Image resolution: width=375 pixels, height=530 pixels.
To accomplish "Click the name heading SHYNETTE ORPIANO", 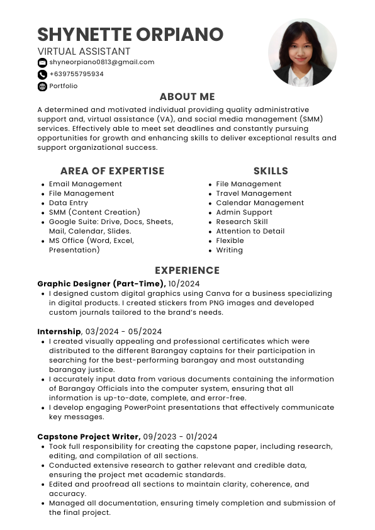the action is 130,34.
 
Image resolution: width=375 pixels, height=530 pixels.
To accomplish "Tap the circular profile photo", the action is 302,53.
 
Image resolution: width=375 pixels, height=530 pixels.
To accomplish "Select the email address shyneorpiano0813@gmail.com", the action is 102,62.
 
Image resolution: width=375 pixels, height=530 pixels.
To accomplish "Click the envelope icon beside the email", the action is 42,62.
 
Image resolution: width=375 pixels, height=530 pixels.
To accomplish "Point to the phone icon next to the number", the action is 42,74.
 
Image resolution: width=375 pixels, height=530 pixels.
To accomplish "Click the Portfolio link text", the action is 64,86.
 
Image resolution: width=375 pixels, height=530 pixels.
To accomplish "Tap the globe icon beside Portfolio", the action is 42,86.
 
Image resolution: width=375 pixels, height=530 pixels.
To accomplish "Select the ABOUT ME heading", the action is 187,97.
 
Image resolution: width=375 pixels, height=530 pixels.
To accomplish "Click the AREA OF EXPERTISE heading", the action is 112,171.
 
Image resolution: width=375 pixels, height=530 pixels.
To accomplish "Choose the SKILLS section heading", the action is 271,171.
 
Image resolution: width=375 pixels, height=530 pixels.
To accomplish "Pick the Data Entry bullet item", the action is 69,203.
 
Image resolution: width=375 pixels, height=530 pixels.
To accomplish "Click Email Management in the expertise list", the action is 86,184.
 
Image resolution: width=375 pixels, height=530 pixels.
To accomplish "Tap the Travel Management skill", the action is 254,194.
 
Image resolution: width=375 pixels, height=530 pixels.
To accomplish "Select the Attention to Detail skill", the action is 250,232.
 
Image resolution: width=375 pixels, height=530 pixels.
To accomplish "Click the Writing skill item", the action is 229,251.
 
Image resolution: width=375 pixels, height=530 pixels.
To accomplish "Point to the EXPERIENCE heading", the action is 187,271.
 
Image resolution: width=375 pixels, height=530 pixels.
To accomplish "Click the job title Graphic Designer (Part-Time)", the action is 101,284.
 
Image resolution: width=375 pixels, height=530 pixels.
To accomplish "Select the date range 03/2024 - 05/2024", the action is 123,332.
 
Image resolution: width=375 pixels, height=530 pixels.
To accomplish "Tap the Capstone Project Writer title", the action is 88,436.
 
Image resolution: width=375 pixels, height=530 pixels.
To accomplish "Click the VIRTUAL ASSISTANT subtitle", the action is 84,52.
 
